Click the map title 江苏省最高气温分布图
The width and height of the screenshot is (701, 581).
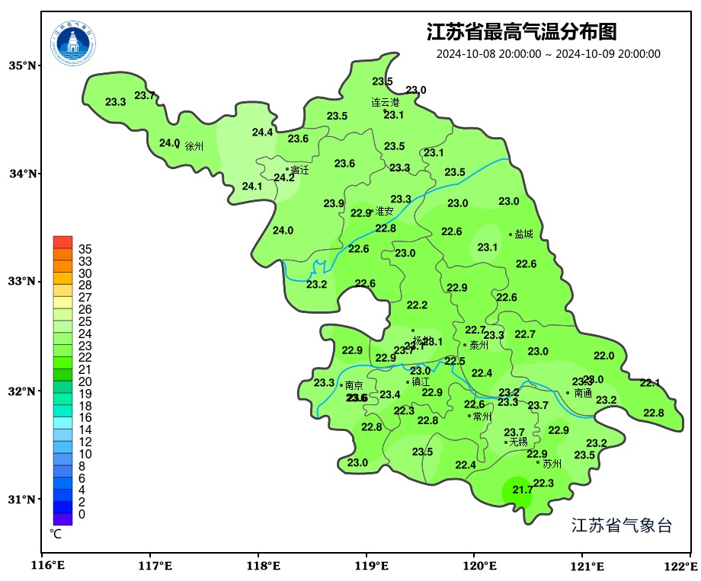[521, 32]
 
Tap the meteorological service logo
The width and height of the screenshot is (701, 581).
[74, 43]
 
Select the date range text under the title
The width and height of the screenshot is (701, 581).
[548, 54]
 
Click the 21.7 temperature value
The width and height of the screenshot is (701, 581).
[522, 490]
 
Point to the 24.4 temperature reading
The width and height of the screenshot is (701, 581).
[262, 132]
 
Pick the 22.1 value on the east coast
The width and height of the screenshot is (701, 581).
[649, 383]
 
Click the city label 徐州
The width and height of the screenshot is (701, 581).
[194, 146]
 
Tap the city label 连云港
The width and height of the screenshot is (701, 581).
[385, 102]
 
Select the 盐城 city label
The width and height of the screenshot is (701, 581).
[524, 235]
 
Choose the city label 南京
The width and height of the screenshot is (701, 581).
[354, 386]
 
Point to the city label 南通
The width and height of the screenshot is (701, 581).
[583, 394]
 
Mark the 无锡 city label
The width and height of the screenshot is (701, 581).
[518, 442]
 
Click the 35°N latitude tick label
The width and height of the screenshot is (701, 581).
[22, 65]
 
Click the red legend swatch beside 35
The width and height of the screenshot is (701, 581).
[62, 243]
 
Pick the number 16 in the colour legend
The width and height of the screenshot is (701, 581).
[85, 418]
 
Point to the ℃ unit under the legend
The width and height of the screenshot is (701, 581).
[56, 535]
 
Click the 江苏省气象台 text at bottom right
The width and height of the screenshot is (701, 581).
[621, 525]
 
